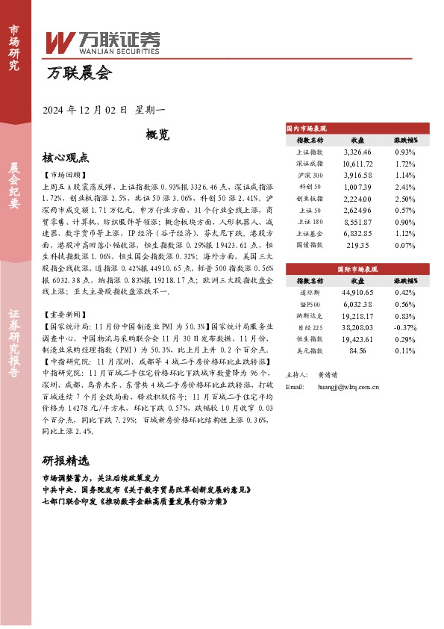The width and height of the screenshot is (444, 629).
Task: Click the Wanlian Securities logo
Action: [103, 43]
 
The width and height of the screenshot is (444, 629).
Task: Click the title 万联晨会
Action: [78, 73]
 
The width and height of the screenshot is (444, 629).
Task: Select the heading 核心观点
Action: [66, 158]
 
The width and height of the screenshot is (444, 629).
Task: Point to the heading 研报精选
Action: [66, 460]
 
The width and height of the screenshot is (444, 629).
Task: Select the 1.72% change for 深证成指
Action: [405, 162]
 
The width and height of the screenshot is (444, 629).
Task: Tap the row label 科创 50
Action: [310, 186]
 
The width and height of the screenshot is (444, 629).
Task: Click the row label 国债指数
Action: [310, 244]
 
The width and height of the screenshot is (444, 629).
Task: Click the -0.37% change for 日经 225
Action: [405, 306]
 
